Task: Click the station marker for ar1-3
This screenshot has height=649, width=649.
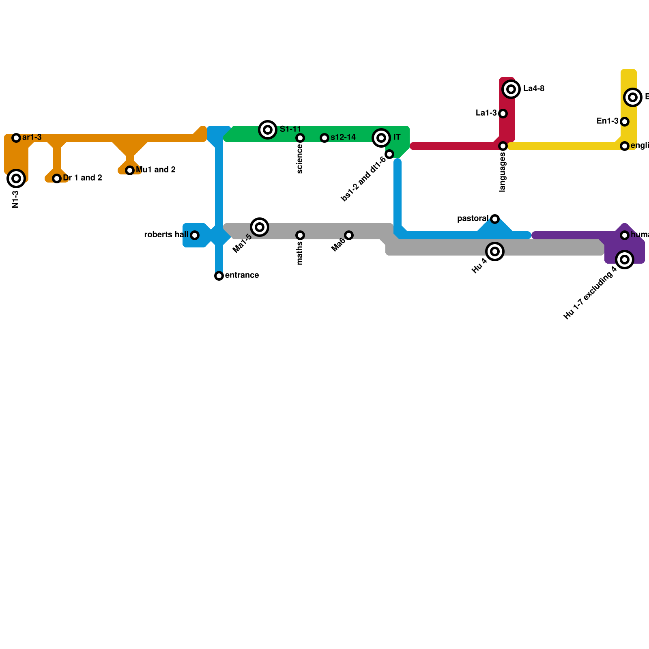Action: [16, 138]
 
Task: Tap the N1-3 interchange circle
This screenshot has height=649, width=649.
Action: [16, 178]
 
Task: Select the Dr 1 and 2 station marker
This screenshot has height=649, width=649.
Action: [57, 178]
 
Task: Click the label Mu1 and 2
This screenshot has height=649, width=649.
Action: [156, 170]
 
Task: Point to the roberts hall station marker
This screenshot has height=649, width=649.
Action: [195, 235]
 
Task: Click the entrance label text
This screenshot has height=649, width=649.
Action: [242, 275]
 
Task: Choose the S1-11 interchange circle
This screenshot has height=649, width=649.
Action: [268, 130]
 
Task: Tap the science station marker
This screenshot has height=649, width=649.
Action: [300, 138]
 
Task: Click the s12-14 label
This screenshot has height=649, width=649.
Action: [343, 138]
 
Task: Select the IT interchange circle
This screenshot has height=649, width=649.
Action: [381, 138]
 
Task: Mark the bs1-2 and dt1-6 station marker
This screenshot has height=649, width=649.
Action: [389, 154]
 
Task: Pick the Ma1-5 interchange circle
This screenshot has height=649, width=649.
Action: [260, 227]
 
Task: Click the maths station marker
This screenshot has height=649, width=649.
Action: [300, 235]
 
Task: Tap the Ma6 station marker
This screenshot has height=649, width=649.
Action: [349, 235]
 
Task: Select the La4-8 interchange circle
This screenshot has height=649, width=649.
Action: [511, 89]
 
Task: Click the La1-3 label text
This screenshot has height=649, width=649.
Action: [486, 113]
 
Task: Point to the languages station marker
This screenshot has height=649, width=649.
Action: [503, 146]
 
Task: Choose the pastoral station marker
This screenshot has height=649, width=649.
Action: [495, 219]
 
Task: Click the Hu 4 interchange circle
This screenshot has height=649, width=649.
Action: [495, 251]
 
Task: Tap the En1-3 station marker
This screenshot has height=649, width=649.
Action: [625, 122]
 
